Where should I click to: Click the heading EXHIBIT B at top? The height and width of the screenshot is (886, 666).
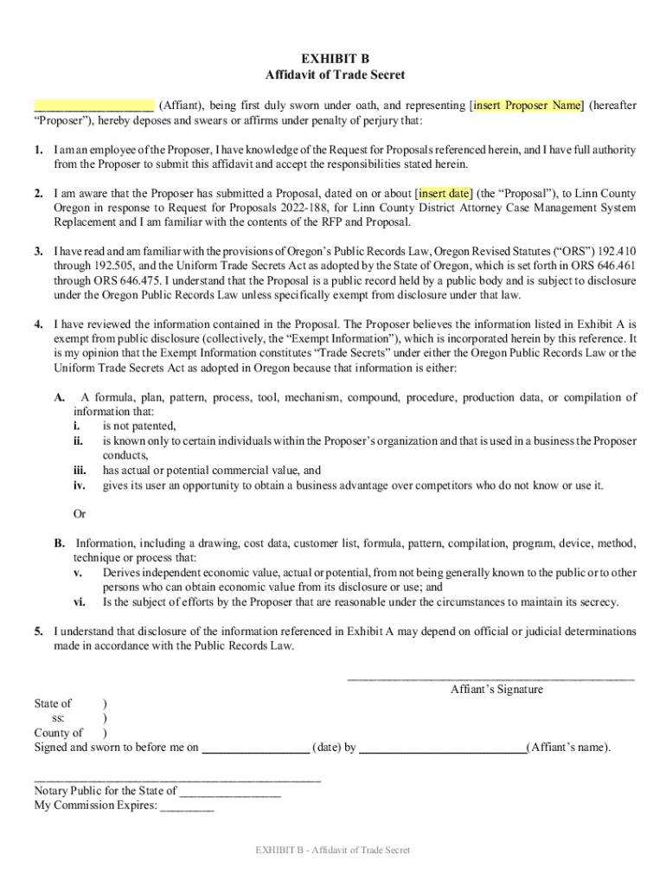pyautogui.click(x=334, y=59)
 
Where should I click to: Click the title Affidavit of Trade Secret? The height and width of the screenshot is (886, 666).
pyautogui.click(x=334, y=75)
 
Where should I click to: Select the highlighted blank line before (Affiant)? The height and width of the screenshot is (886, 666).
pyautogui.click(x=94, y=106)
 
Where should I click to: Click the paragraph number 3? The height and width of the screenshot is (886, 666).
pyautogui.click(x=39, y=252)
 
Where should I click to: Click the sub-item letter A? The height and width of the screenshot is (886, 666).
pyautogui.click(x=60, y=397)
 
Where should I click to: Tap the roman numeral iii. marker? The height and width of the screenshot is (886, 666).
pyautogui.click(x=79, y=471)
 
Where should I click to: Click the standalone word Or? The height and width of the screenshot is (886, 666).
pyautogui.click(x=80, y=514)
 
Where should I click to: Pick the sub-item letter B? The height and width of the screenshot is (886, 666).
pyautogui.click(x=60, y=543)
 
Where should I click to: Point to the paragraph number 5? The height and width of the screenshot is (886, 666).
pyautogui.click(x=39, y=632)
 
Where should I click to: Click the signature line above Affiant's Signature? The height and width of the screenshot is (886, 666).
pyautogui.click(x=490, y=676)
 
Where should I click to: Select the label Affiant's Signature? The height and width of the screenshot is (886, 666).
pyautogui.click(x=496, y=690)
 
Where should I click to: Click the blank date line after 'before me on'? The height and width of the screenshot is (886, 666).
pyautogui.click(x=255, y=748)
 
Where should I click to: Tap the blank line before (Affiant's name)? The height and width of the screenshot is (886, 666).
pyautogui.click(x=442, y=748)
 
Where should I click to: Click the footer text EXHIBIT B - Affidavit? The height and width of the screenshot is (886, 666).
pyautogui.click(x=333, y=850)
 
